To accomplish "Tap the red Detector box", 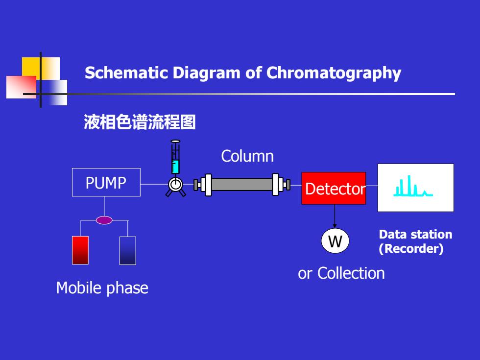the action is tap(334, 188).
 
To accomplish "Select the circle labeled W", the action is tap(335, 241).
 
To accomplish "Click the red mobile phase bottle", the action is tap(80, 250).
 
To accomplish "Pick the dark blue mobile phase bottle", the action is tap(128, 251).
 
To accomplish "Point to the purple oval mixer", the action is tap(104, 220).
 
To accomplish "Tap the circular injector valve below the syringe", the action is tap(175, 185).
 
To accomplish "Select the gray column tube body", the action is tap(242, 185).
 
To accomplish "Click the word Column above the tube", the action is tap(247, 156).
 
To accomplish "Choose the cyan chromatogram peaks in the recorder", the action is tap(413, 186).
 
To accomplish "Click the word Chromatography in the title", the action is tap(334, 73).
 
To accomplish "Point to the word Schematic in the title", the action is tap(126, 73).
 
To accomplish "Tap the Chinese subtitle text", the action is tap(140, 122).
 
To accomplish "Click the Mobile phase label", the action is tap(102, 288).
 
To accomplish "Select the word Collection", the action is tap(351, 273).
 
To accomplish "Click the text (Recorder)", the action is tap(411, 249).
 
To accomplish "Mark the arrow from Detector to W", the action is tap(335, 216).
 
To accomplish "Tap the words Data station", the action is tap(415, 235).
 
